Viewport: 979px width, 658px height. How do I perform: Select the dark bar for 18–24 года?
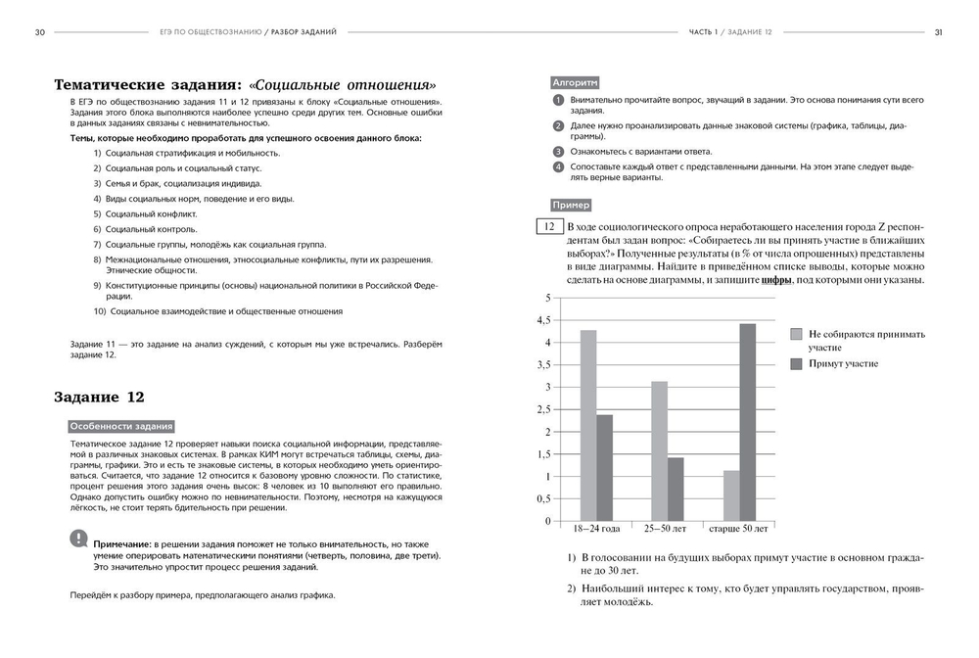(604, 468)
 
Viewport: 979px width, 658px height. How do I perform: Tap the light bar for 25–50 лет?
(660, 450)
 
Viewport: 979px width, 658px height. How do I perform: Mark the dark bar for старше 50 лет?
(747, 422)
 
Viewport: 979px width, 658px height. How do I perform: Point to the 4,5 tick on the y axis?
(543, 320)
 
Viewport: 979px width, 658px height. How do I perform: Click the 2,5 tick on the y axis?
(543, 409)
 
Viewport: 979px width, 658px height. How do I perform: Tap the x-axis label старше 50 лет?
(739, 529)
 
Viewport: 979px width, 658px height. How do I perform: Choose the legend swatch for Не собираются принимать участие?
(796, 334)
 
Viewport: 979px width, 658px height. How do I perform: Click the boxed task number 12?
(545, 227)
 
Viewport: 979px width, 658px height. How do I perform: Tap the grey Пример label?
(571, 206)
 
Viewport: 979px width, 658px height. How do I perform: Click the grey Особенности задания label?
(121, 426)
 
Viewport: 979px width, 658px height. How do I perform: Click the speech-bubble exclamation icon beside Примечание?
(78, 538)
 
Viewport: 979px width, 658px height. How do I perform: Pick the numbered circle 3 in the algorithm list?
(558, 152)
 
